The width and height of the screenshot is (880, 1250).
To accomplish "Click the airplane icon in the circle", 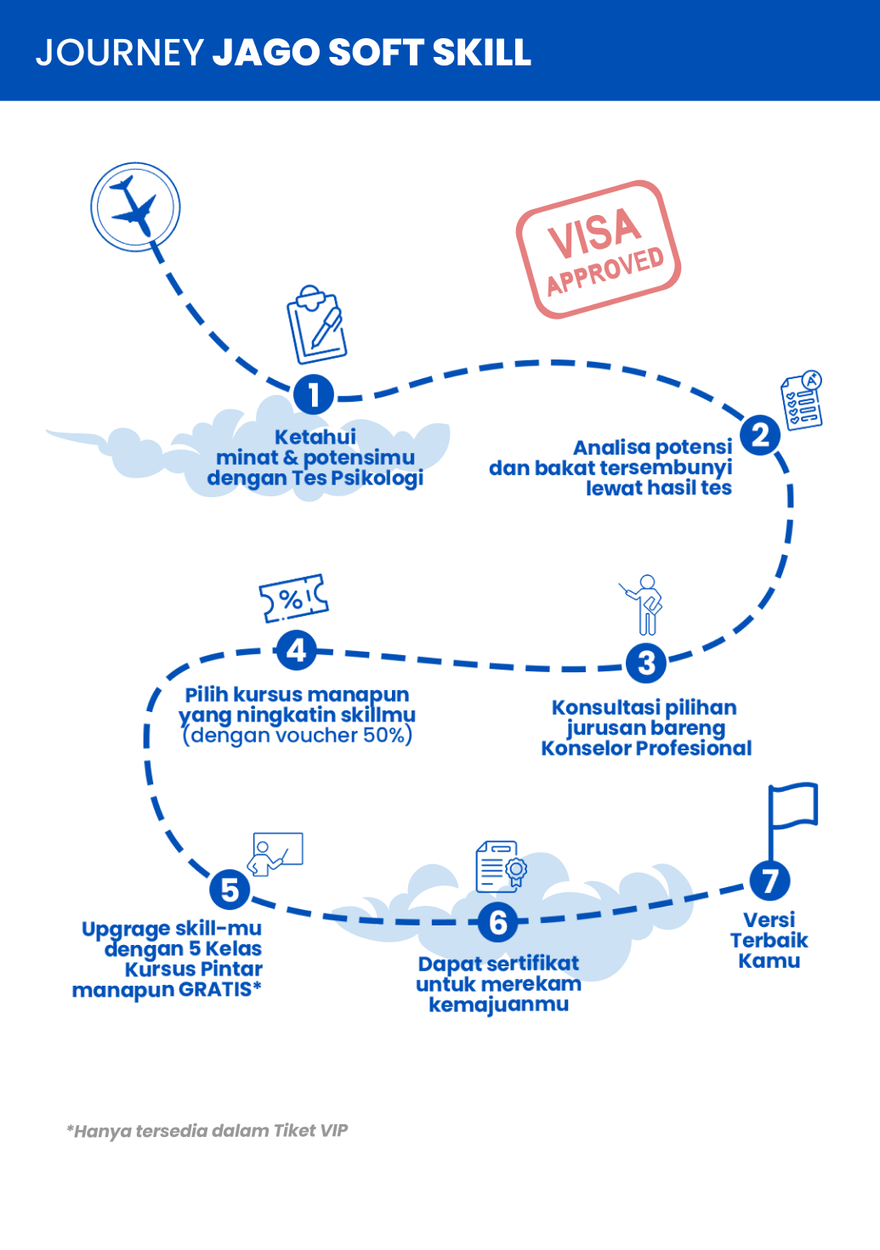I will (135, 206).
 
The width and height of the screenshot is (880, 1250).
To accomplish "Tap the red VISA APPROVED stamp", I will (598, 249).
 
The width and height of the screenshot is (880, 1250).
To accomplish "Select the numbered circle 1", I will (314, 395).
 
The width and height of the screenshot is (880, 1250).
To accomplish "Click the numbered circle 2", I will (760, 435).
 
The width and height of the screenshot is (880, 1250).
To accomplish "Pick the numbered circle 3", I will (646, 663).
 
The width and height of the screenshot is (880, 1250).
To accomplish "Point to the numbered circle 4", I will (296, 651).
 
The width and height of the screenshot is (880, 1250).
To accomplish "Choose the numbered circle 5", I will (230, 890).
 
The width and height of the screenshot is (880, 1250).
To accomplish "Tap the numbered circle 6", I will (498, 923).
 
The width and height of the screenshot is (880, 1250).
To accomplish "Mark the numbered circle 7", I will (769, 881).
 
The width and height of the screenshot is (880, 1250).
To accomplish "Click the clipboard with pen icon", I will (316, 325).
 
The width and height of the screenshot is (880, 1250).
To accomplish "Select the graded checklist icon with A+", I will (802, 400).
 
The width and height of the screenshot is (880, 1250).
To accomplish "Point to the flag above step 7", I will (792, 816).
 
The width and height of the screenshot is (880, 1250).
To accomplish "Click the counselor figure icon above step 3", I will (644, 604).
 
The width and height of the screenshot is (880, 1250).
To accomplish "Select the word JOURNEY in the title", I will (119, 53).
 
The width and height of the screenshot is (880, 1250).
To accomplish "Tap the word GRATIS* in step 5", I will (219, 990).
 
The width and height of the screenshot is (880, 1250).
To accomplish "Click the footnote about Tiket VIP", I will (207, 1131).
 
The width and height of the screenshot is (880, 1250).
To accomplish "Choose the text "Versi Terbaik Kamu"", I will (769, 941).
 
